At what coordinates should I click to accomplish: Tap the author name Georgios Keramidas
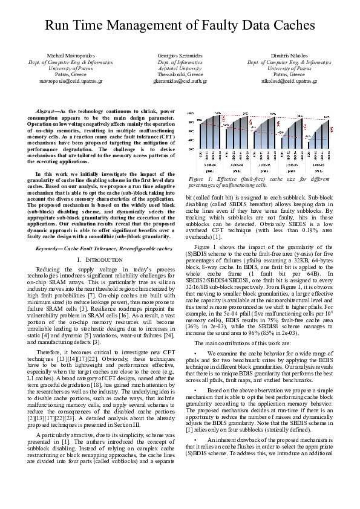pos(180,56)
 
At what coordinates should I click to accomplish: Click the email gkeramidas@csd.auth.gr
pos(180,80)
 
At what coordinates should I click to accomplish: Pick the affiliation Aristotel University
pos(180,68)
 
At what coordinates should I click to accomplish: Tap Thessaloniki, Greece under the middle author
pos(180,74)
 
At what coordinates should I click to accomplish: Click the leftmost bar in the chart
pos(201,137)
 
